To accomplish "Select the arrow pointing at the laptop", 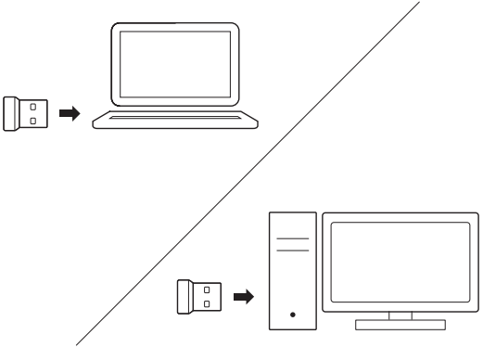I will tap(69, 112).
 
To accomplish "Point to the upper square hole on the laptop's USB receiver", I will tap(33, 105).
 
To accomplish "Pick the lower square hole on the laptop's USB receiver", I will tap(33, 121).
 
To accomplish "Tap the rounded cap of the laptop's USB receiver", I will tap(11, 112).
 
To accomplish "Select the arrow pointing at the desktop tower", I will tap(243, 297).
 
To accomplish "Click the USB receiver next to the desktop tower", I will tap(198, 297).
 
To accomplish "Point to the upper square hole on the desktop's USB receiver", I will tap(208, 289).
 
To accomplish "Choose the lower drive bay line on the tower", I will tap(293, 252).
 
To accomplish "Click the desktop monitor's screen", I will tap(400, 262).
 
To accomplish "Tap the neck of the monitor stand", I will tap(400, 316).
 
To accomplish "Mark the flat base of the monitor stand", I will tap(400, 326).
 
